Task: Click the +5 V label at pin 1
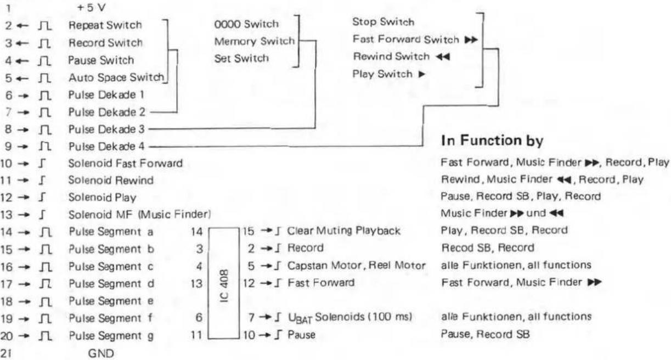[x=92, y=8]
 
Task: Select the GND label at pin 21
[x=101, y=353]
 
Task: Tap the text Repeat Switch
[x=105, y=25]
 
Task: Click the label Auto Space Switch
[x=116, y=77]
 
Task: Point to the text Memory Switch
[x=255, y=41]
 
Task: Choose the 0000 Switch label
[x=246, y=24]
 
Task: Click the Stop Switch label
[x=384, y=21]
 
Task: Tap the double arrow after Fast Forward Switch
[x=471, y=40]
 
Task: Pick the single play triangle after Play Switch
[x=422, y=74]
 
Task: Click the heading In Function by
[x=492, y=140]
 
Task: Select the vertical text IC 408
[x=224, y=286]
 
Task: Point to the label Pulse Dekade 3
[x=106, y=130]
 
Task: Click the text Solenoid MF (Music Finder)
[x=139, y=215]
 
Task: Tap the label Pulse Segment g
[x=111, y=336]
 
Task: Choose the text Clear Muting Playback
[x=343, y=230]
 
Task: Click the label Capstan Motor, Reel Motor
[x=357, y=266]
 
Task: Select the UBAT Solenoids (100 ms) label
[x=350, y=318]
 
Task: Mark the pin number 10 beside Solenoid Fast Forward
[x=6, y=164]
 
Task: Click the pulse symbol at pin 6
[x=45, y=95]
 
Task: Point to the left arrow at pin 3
[x=22, y=43]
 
